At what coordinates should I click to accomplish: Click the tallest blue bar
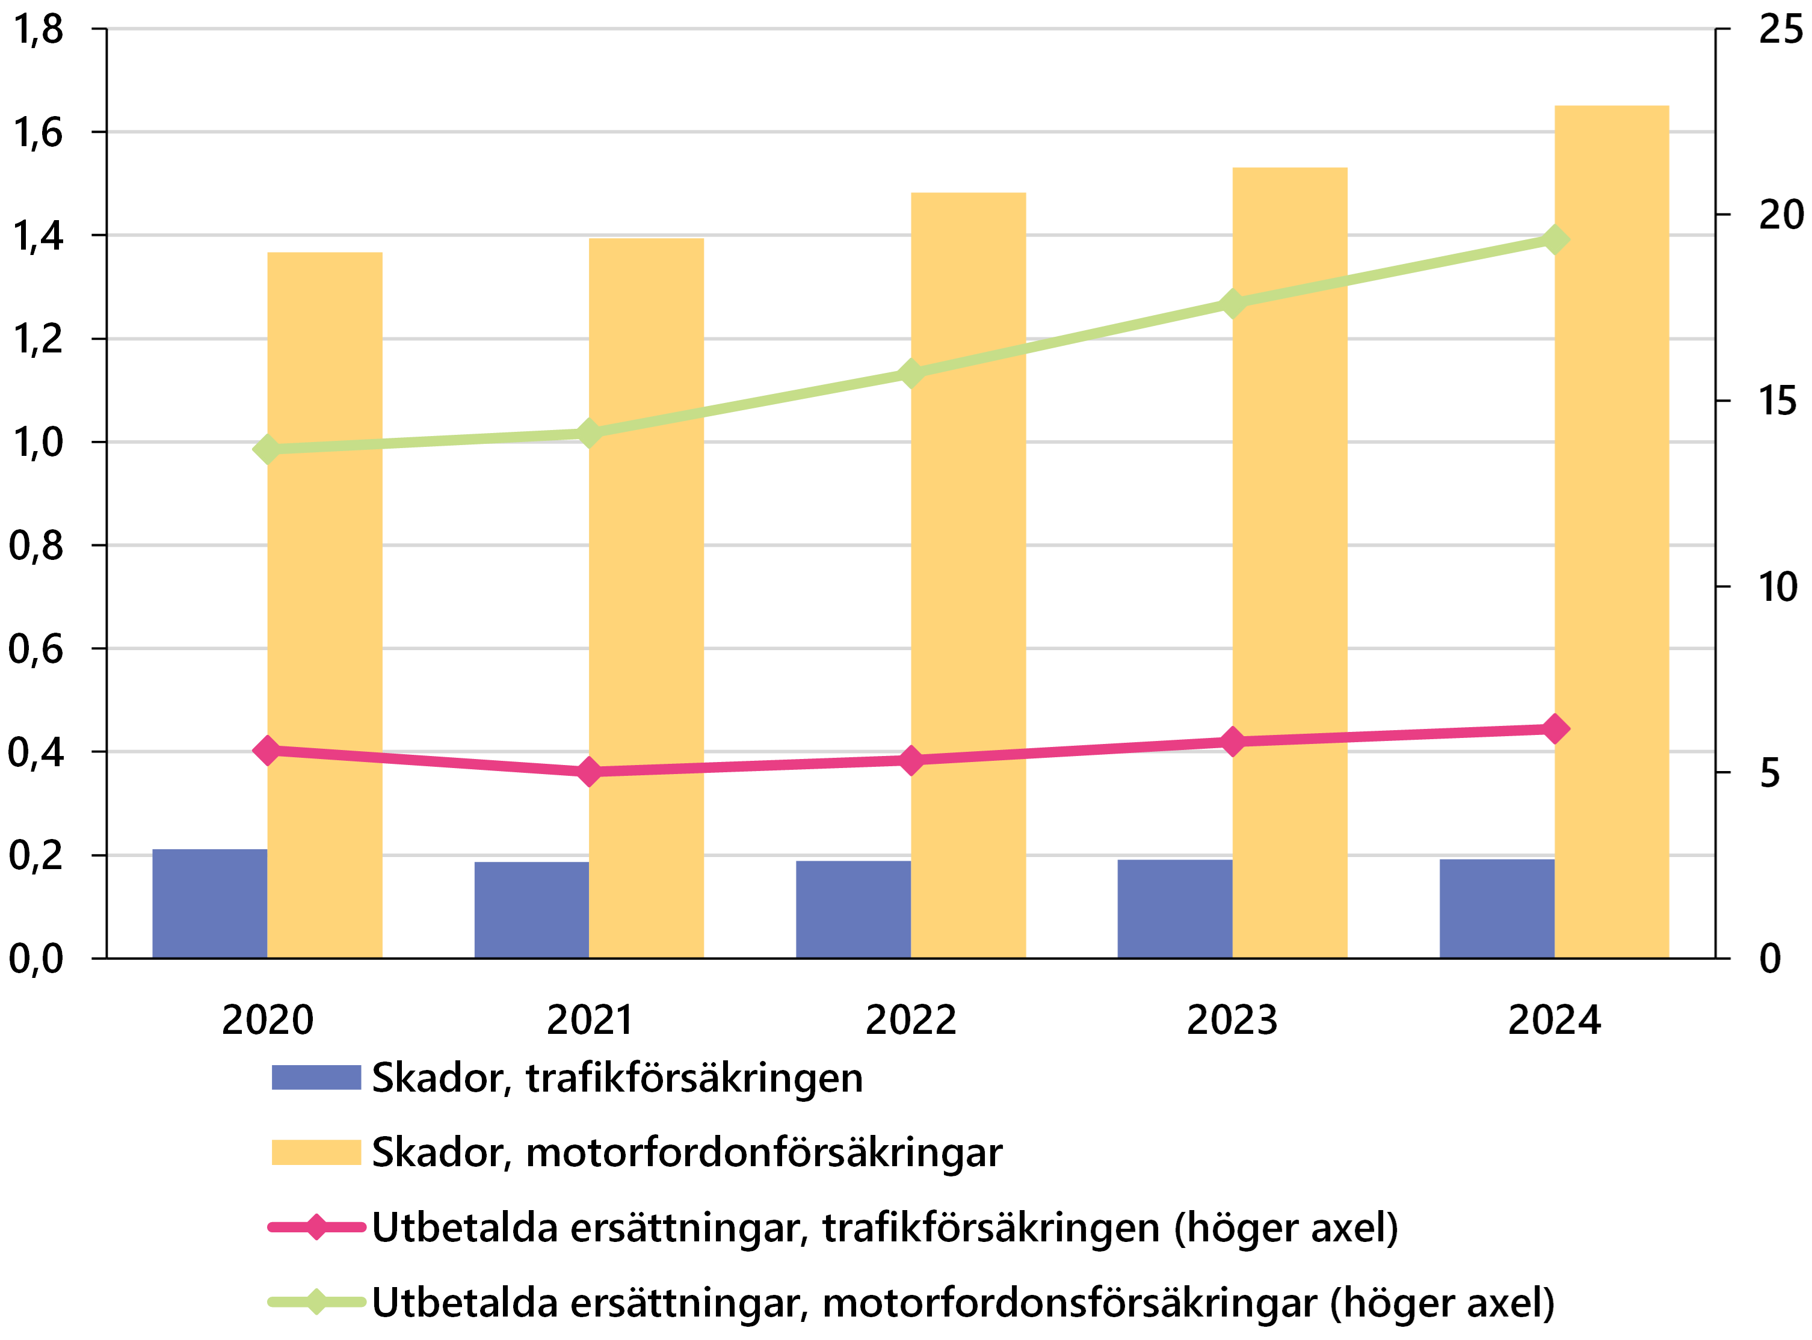(209, 903)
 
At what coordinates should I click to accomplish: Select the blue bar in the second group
(531, 909)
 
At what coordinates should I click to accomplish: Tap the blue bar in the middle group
(853, 909)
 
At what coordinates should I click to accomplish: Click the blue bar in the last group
(1496, 908)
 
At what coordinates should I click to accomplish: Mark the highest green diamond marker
(1555, 239)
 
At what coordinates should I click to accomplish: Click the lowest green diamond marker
(267, 449)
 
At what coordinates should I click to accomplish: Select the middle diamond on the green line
(911, 373)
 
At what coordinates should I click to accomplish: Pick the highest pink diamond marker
(1555, 728)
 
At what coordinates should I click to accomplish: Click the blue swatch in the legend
(316, 1077)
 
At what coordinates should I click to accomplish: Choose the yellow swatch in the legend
(316, 1152)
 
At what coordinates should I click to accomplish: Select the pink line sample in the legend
(316, 1226)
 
